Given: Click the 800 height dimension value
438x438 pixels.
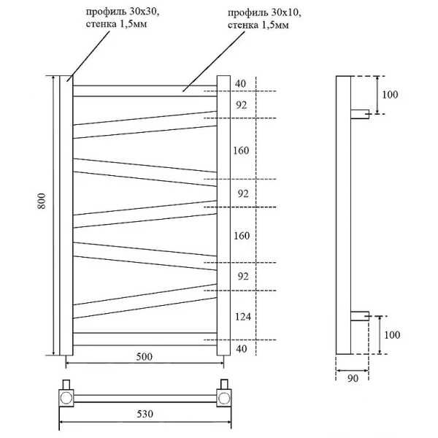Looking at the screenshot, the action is click(x=42, y=201).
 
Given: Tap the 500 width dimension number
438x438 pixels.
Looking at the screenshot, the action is click(x=144, y=357).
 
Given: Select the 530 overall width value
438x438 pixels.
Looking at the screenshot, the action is click(x=145, y=414).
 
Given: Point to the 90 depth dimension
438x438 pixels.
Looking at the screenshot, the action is click(x=353, y=378).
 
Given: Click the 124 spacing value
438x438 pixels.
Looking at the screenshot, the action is click(x=243, y=317).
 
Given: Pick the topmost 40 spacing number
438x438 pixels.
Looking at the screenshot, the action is click(x=240, y=83).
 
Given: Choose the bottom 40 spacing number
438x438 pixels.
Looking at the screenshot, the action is click(x=242, y=349).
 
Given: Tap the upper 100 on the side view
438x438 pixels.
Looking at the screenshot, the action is click(x=390, y=95).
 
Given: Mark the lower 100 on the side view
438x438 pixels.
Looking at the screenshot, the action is click(x=391, y=334).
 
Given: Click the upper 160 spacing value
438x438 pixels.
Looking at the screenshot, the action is click(x=241, y=150).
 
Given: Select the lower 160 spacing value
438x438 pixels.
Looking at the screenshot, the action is click(x=242, y=236).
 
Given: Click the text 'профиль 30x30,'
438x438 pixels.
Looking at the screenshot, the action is click(x=123, y=12).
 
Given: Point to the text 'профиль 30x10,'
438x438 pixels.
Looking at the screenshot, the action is click(x=264, y=13).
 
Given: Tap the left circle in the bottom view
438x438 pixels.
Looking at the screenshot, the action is click(x=66, y=398).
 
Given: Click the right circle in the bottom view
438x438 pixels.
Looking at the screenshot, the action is click(x=224, y=399).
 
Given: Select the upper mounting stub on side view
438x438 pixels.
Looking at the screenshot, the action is click(x=360, y=115).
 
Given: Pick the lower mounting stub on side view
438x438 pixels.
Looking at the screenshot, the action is click(x=360, y=316).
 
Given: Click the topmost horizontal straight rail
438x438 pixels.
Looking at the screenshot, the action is click(x=145, y=91).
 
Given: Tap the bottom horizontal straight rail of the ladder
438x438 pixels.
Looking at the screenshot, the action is click(x=145, y=339).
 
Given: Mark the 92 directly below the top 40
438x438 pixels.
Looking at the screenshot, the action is click(x=242, y=105).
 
